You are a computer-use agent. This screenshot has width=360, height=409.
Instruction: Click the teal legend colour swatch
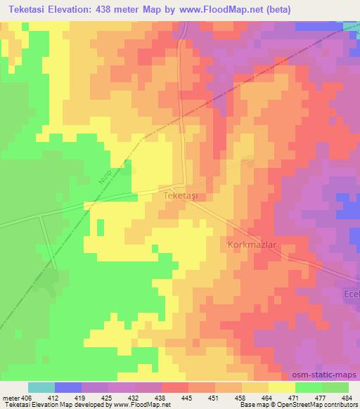point(41,387)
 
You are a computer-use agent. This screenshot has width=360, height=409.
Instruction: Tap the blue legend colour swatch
point(68,387)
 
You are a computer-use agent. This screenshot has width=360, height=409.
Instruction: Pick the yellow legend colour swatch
point(282,387)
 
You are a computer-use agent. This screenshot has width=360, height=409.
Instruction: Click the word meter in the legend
point(11,398)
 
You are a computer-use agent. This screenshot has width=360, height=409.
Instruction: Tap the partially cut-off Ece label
point(351,293)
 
